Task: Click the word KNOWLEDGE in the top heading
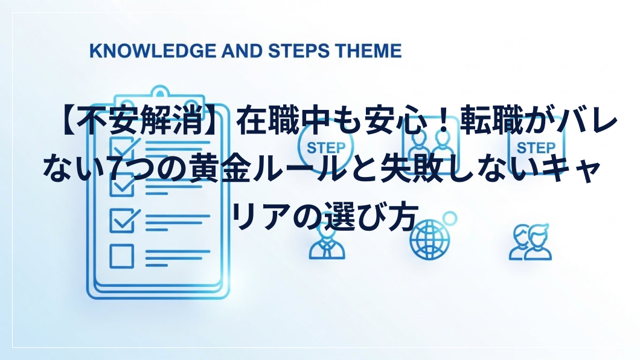153,51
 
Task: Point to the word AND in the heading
242,51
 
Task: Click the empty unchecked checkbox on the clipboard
121,256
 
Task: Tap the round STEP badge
325,147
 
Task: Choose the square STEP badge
536,147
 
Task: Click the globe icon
430,239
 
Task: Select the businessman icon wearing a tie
327,243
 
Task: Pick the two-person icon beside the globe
530,242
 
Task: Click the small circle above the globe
450,219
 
